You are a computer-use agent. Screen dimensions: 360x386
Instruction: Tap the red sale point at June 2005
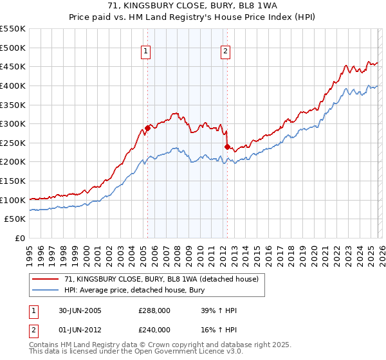click(147, 128)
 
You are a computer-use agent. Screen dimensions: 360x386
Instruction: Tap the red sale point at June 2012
click(226, 147)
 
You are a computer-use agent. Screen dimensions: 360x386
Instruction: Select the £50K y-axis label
click(15, 219)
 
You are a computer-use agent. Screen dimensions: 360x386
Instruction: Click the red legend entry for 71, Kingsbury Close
click(161, 279)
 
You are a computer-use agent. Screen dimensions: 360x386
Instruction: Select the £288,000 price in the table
click(154, 310)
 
